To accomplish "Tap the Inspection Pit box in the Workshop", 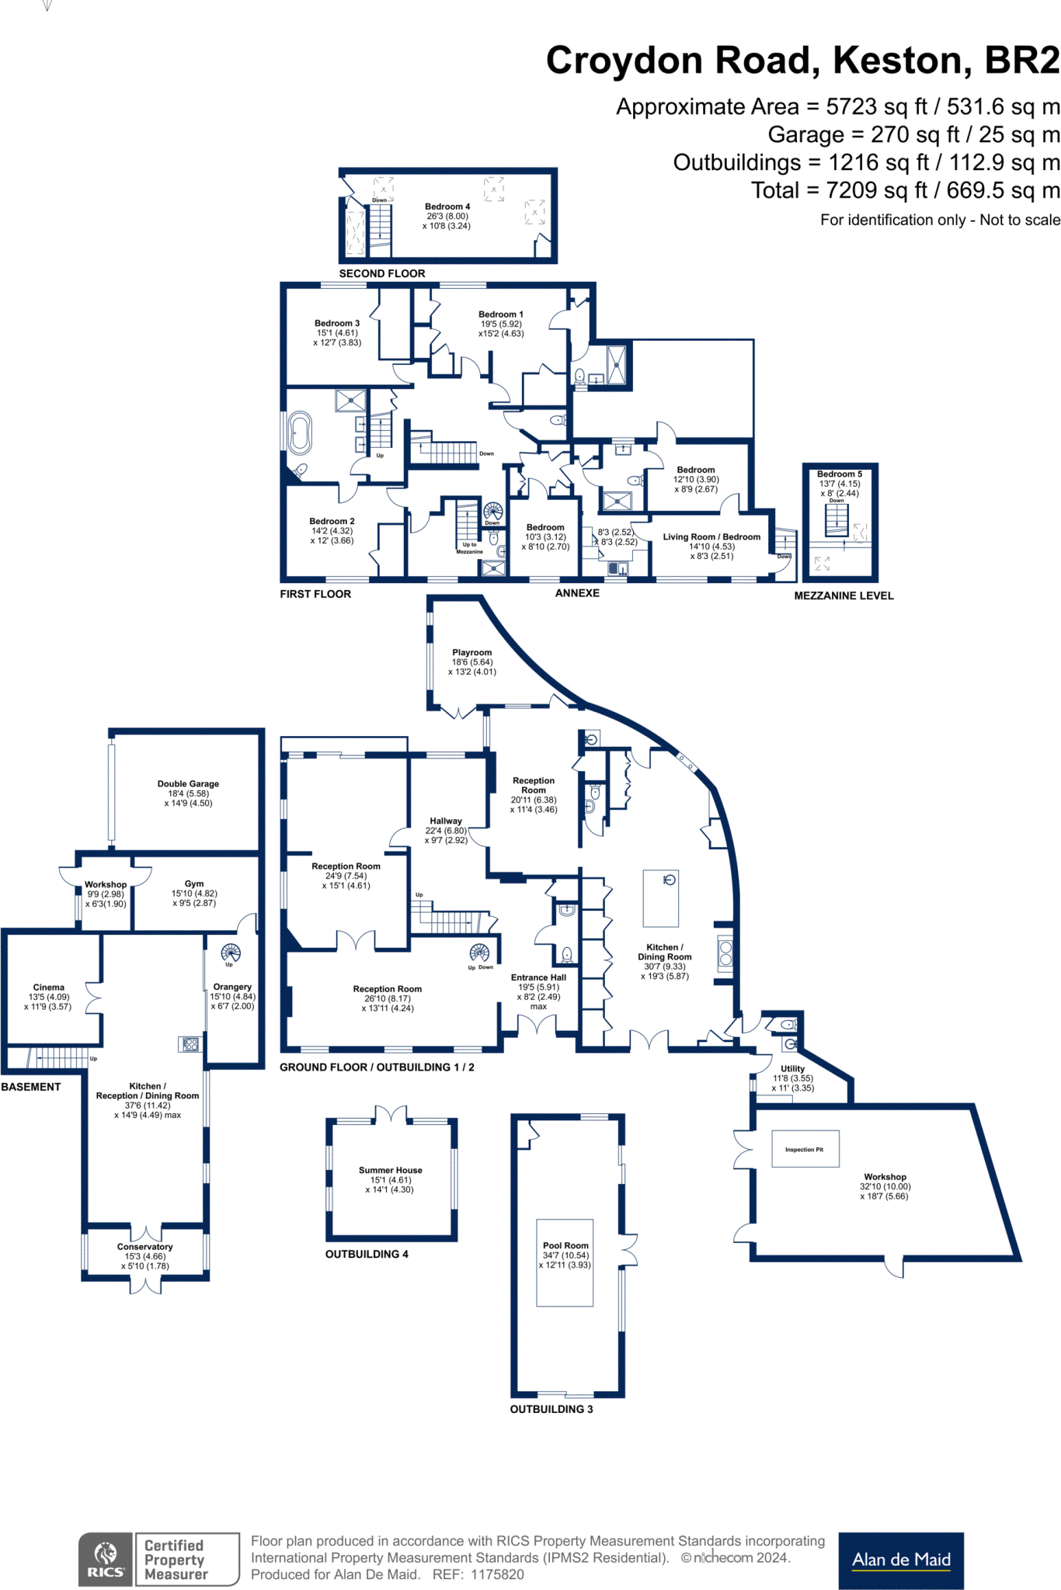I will point(805,1149).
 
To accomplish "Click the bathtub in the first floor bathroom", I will point(300,433).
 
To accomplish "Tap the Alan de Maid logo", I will point(901,1560).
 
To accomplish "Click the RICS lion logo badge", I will point(106,1559).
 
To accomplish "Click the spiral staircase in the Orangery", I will point(231,952).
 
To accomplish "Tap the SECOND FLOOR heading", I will point(381,273).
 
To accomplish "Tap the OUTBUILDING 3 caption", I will point(551,1409).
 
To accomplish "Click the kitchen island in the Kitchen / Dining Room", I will point(660,898).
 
